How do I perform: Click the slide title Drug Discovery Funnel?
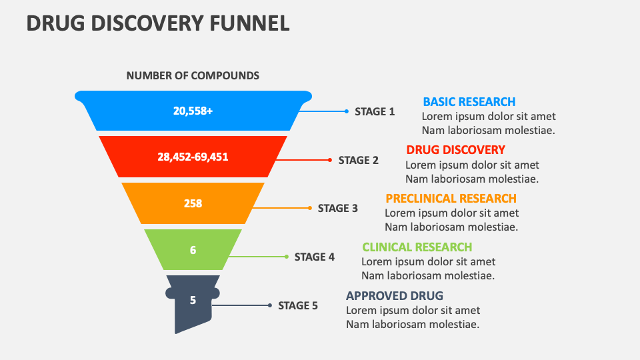(158, 23)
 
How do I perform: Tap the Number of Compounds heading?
(193, 75)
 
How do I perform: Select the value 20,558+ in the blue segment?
(193, 111)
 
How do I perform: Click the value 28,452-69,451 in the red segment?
(193, 157)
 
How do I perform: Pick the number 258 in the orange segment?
(193, 204)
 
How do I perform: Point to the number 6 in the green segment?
(193, 251)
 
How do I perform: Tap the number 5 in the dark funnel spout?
(193, 300)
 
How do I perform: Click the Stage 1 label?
(375, 112)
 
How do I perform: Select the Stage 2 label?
(358, 160)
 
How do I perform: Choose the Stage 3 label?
(337, 208)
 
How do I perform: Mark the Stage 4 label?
(314, 257)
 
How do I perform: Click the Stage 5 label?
(298, 306)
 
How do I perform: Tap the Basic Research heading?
(469, 101)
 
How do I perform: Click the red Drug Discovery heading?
(455, 149)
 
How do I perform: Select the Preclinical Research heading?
(451, 198)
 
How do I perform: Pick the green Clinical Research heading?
(417, 247)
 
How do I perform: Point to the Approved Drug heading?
(394, 296)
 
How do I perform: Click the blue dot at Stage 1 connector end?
(346, 111)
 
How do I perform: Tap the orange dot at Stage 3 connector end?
(309, 208)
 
